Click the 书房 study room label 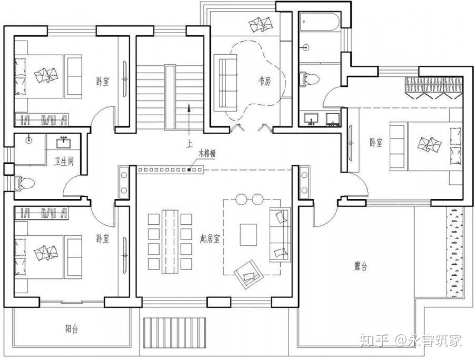tap(264, 81)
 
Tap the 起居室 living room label tap(210, 239)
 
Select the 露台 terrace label tap(360, 266)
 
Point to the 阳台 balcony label tap(71, 329)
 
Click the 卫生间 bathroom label tap(64, 162)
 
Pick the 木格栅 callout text tap(206, 154)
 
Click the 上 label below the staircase tap(189, 144)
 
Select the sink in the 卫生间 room tap(64, 143)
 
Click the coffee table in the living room tap(248, 235)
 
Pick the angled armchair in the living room tap(248, 274)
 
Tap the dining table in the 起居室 tap(170, 241)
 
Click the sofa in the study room tap(225, 83)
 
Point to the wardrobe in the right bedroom tap(434, 87)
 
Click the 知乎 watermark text tap(374, 341)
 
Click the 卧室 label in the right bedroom tap(376, 143)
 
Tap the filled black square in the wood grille tap(189, 170)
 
